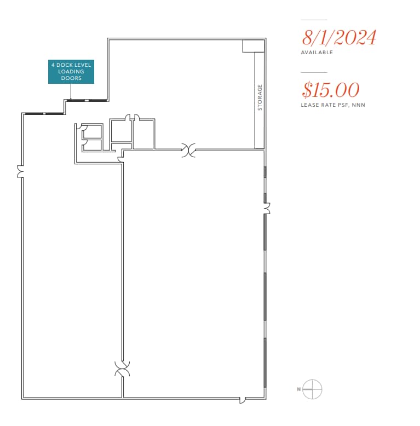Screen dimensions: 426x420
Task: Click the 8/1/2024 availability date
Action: pos(339,37)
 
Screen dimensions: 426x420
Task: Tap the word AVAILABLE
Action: pos(317,53)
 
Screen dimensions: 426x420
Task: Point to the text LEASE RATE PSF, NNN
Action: pos(332,105)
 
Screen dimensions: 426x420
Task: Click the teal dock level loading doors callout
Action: pos(71,72)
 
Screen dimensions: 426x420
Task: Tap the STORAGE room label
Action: pos(260,97)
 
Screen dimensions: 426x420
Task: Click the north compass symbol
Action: pos(312,389)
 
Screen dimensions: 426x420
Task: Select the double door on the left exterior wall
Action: pos(21,172)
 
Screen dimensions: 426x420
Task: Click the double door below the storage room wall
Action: pos(189,149)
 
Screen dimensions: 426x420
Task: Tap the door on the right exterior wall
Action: pos(267,209)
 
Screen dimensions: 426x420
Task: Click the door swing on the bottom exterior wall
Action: pos(242,400)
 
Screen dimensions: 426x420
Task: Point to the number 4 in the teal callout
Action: pos(53,65)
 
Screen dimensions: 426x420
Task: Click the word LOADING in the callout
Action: pos(71,72)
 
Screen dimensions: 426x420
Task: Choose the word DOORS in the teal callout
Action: pos(71,78)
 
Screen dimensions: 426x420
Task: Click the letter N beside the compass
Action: pos(298,389)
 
